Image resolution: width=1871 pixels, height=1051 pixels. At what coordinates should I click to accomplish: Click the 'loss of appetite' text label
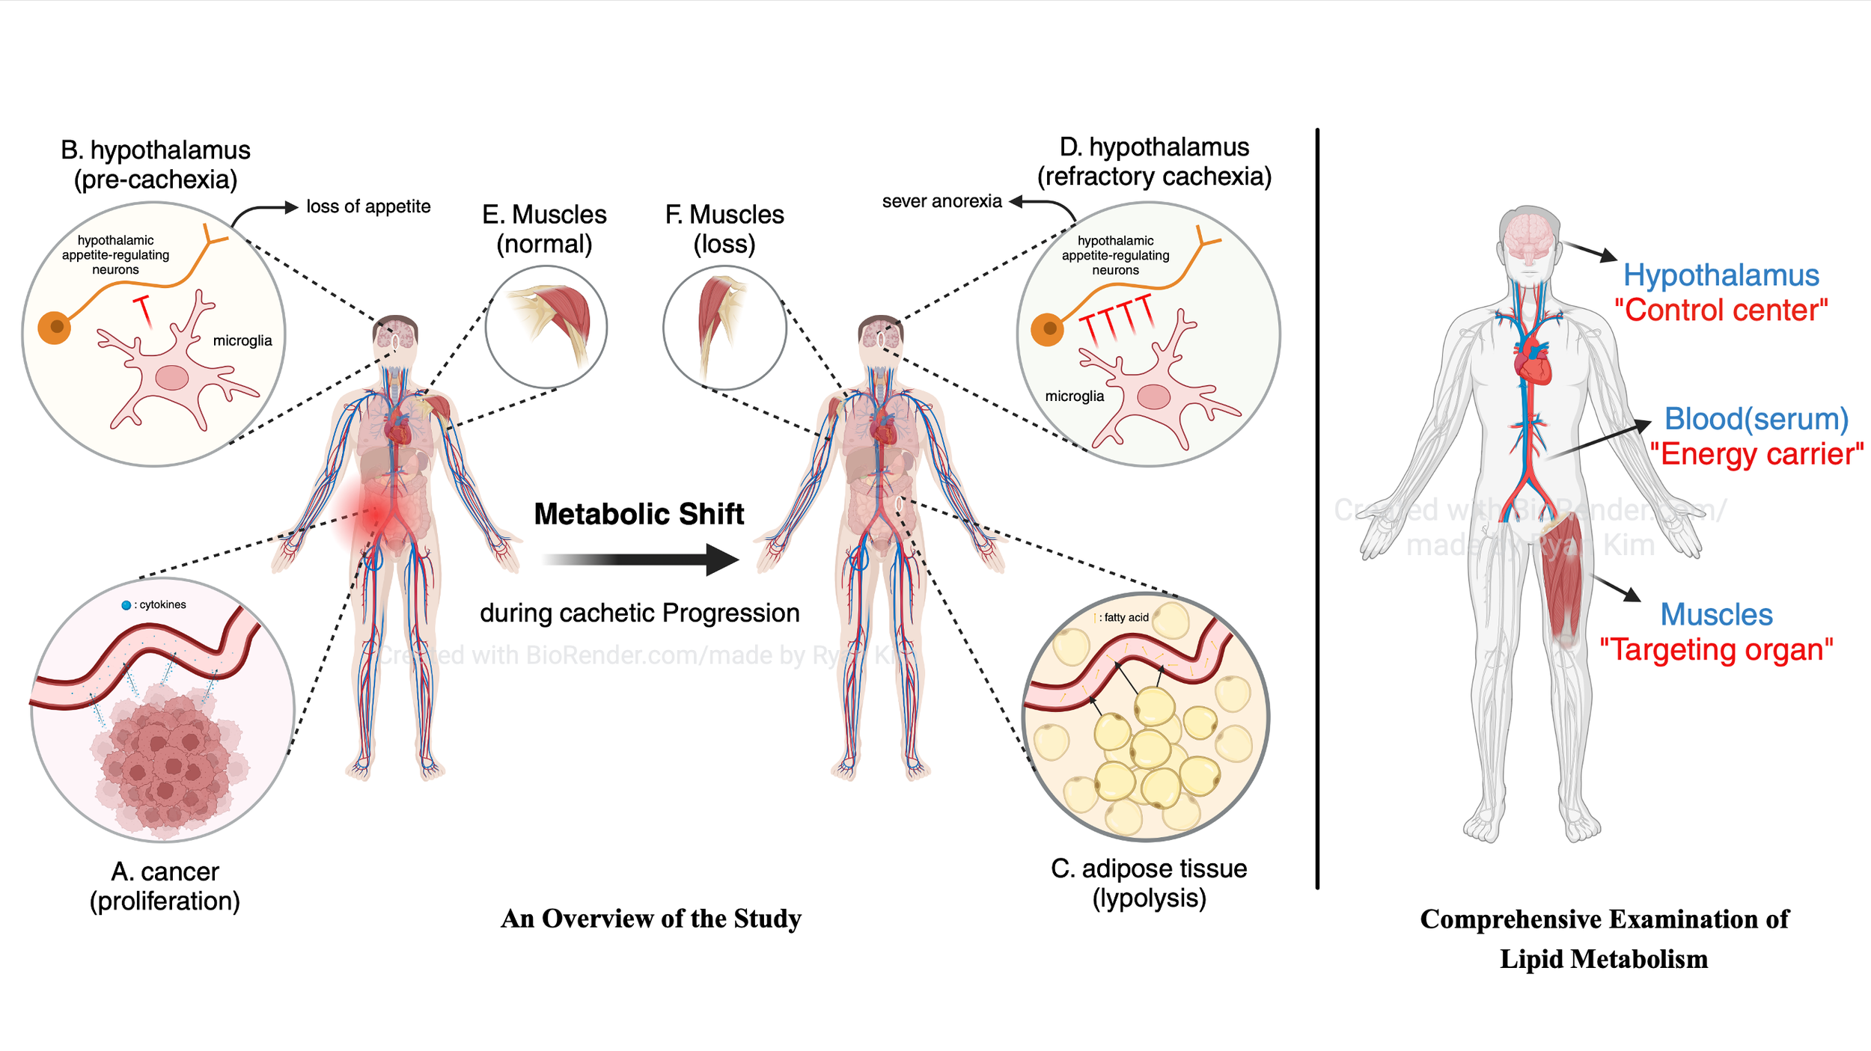pyautogui.click(x=368, y=206)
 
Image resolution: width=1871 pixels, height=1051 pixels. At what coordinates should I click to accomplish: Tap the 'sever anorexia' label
pyautogui.click(x=941, y=201)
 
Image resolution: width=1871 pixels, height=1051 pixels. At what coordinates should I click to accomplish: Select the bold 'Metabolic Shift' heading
pyautogui.click(x=639, y=514)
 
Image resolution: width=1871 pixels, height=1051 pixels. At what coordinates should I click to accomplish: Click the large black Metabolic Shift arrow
pyautogui.click(x=641, y=560)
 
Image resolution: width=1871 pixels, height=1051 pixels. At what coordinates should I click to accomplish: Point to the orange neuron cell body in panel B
pyautogui.click(x=55, y=327)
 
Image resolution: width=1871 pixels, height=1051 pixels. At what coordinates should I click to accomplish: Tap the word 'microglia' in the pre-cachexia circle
pyautogui.click(x=242, y=340)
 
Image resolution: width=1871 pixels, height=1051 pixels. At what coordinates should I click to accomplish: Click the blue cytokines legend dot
pyautogui.click(x=126, y=605)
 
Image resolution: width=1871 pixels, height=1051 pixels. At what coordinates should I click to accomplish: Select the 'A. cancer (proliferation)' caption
pyautogui.click(x=165, y=886)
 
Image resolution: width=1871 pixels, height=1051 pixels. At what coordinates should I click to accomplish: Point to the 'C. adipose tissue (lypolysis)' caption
pyautogui.click(x=1150, y=883)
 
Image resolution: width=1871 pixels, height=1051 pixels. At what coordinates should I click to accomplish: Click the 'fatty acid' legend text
pyautogui.click(x=1126, y=617)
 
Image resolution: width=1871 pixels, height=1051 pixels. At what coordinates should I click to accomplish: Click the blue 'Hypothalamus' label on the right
pyautogui.click(x=1721, y=275)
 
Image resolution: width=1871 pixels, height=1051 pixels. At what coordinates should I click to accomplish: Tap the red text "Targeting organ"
pyautogui.click(x=1716, y=649)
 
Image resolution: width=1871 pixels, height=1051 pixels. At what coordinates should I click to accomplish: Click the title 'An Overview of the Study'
pyautogui.click(x=651, y=919)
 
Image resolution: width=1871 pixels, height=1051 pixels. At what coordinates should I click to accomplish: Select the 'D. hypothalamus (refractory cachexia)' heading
pyautogui.click(x=1154, y=162)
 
